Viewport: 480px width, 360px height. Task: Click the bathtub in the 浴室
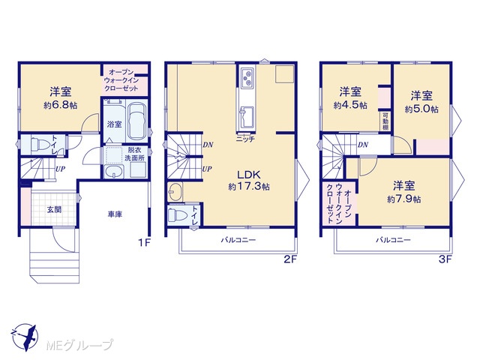click(136, 121)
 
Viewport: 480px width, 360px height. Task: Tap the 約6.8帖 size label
click(60, 106)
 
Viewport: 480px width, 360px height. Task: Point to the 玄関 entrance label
click(54, 210)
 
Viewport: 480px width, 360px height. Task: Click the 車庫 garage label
click(115, 214)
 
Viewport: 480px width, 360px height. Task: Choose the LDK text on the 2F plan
click(249, 175)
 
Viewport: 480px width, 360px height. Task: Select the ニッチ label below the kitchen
click(245, 139)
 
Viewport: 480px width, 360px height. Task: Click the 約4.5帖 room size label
click(350, 106)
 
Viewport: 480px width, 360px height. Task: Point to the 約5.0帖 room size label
click(421, 109)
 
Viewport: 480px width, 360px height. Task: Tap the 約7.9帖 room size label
click(404, 199)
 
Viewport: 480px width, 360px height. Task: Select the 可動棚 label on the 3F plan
click(385, 121)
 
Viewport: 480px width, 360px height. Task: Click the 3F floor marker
click(445, 259)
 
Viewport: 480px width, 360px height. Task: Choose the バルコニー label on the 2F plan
click(238, 240)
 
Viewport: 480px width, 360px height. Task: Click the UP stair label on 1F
click(60, 169)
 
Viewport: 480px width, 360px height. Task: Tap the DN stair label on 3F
click(363, 145)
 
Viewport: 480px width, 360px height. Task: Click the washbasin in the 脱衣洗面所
click(113, 172)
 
